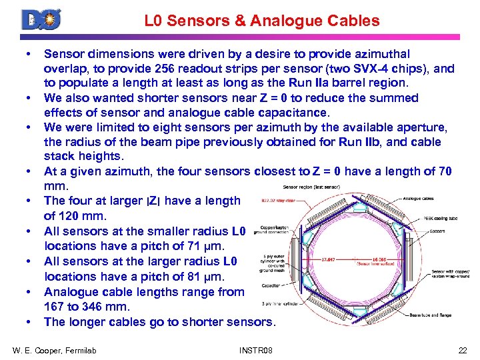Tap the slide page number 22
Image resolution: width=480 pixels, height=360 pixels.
(463, 350)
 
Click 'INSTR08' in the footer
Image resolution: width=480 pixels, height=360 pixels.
(255, 350)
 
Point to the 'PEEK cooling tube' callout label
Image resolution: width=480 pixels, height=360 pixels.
(441, 218)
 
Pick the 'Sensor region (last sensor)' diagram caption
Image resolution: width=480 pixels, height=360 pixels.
(312, 187)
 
